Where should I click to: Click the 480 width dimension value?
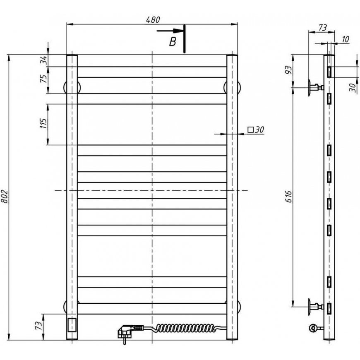(153, 20)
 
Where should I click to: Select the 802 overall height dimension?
(5, 197)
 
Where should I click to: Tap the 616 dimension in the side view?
(289, 197)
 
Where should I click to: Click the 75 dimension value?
(43, 79)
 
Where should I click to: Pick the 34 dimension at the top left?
(43, 60)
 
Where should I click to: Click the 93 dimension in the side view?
(289, 70)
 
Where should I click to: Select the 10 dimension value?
(345, 39)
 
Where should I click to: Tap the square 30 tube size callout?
(256, 130)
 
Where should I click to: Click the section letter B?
(173, 42)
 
